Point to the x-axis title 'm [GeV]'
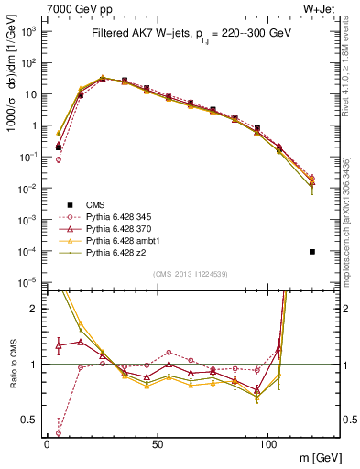coord(316,458)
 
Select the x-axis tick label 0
coord(47,443)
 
